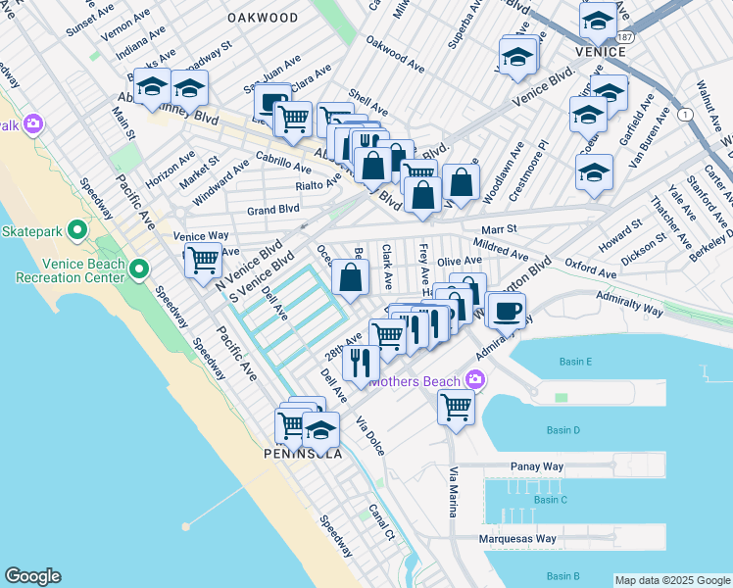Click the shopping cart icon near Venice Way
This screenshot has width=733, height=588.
pyautogui.click(x=203, y=261)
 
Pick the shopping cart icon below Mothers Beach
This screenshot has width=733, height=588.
pyautogui.click(x=456, y=405)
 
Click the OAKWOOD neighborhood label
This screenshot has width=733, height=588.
pyautogui.click(x=262, y=18)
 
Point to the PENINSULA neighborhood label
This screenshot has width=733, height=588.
pyautogui.click(x=303, y=455)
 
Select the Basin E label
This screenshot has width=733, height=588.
pyautogui.click(x=575, y=362)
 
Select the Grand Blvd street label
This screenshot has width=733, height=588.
pyautogui.click(x=272, y=210)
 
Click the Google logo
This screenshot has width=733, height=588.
pyautogui.click(x=32, y=576)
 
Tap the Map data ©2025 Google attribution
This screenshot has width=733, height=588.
pyautogui.click(x=672, y=580)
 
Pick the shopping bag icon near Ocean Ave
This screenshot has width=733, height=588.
pyautogui.click(x=350, y=276)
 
